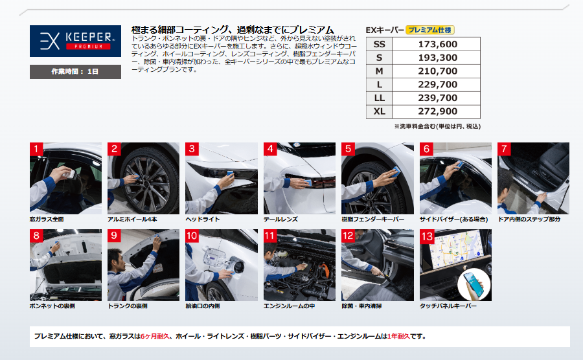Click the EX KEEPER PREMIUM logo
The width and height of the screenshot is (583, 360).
[x=75, y=41]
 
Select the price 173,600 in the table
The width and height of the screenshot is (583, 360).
[x=437, y=44]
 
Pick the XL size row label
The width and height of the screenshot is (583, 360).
[x=379, y=111]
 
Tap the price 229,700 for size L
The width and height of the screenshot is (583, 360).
[x=437, y=85]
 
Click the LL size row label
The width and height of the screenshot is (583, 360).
[x=379, y=98]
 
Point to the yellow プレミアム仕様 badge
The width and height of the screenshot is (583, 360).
[x=430, y=30]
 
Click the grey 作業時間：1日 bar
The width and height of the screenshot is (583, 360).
[x=75, y=72]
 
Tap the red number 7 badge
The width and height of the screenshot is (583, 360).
[x=504, y=149]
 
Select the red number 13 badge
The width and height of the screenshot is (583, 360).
[x=428, y=236]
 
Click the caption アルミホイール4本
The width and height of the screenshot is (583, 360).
[x=132, y=219]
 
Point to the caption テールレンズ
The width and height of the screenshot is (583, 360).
[x=280, y=219]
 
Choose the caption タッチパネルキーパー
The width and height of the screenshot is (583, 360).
[x=448, y=306]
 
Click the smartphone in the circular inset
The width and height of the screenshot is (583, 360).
[x=474, y=284]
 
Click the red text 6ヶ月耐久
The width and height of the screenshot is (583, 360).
[x=155, y=336]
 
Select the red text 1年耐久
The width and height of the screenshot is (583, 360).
[x=398, y=336]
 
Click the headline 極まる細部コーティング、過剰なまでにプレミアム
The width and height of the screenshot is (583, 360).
[x=233, y=30]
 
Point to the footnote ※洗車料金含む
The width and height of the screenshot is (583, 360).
[x=415, y=126]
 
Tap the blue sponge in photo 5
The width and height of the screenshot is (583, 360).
[x=396, y=172]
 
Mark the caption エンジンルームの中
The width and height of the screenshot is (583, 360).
[x=289, y=306]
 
